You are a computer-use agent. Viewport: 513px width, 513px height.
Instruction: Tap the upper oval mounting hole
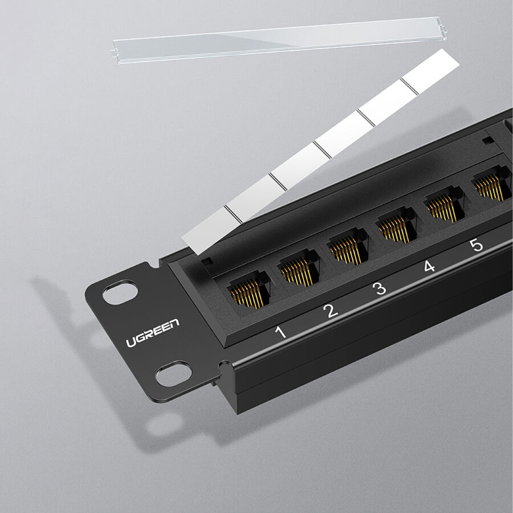pyautogui.click(x=120, y=292)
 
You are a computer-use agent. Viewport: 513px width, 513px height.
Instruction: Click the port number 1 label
pyautogui.click(x=280, y=332)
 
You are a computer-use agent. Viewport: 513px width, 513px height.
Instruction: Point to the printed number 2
pyautogui.click(x=330, y=311)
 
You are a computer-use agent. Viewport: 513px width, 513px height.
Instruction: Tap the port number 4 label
pyautogui.click(x=429, y=266)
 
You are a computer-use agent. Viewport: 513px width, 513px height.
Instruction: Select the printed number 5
pyautogui.click(x=476, y=245)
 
